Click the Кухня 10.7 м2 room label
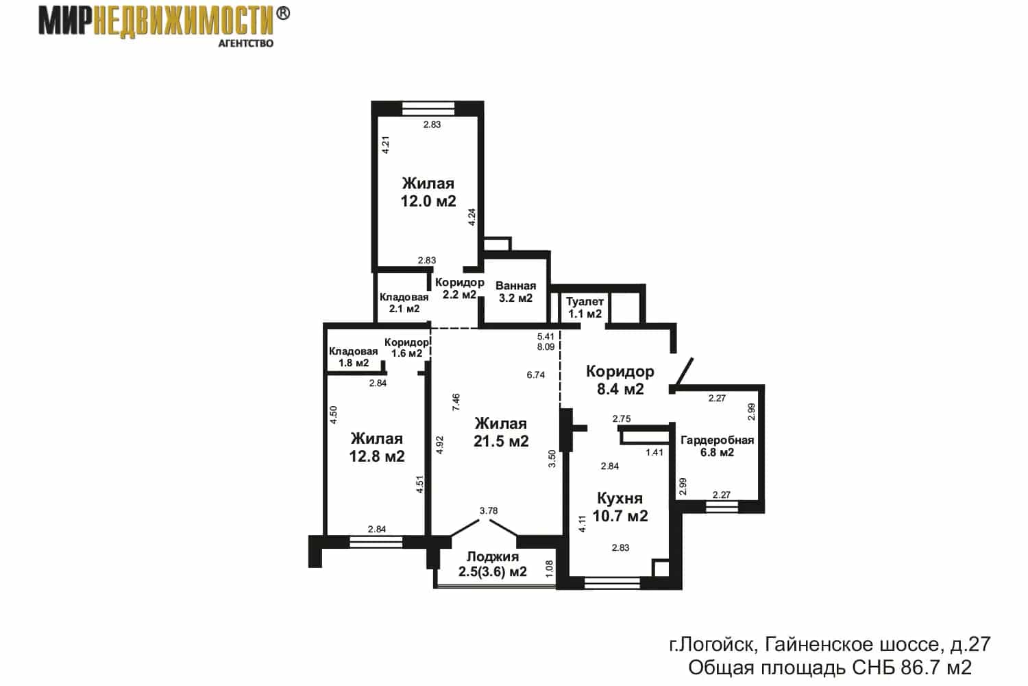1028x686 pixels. click(620, 507)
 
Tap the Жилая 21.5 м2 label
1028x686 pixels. click(501, 432)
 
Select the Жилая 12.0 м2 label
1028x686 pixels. click(428, 192)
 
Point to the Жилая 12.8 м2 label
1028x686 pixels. click(377, 447)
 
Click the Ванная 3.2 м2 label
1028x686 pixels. click(516, 292)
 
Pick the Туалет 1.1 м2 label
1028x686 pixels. click(585, 308)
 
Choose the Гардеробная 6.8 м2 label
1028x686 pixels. click(718, 446)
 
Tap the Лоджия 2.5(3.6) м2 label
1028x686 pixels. click(493, 565)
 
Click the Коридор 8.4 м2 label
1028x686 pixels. click(620, 380)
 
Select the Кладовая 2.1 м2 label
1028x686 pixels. click(404, 303)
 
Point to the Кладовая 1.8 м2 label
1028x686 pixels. click(354, 357)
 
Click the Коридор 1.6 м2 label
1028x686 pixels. click(406, 348)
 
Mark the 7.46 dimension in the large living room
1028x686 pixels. click(456, 402)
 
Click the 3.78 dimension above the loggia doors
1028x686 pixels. click(489, 510)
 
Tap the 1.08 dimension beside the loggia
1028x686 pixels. click(549, 569)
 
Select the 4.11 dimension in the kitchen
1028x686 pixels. click(583, 524)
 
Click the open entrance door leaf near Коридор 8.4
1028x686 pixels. click(681, 371)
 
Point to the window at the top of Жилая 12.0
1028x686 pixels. click(428, 108)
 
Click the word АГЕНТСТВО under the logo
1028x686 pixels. click(245, 44)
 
